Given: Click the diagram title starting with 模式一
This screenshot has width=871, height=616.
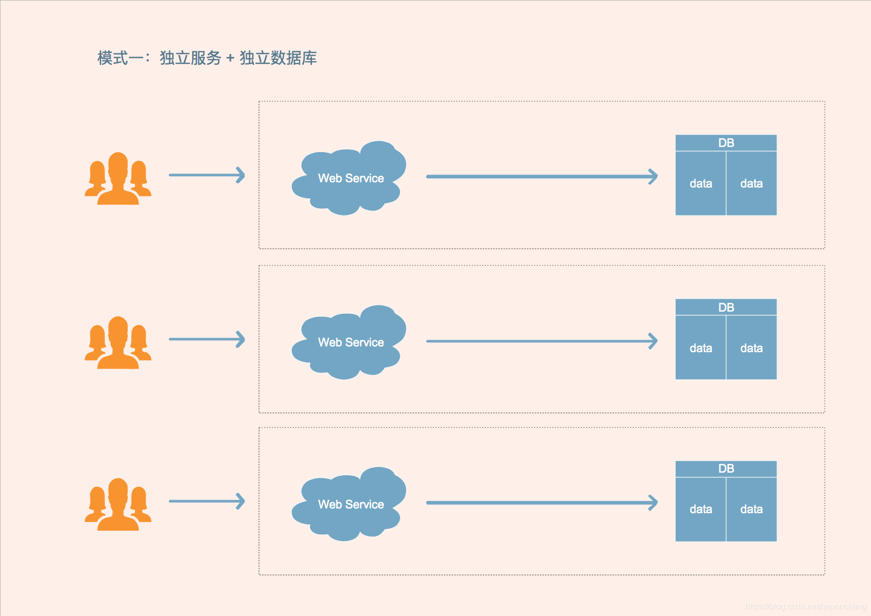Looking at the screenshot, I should click(x=207, y=58).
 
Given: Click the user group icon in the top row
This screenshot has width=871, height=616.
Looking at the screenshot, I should click(x=118, y=179).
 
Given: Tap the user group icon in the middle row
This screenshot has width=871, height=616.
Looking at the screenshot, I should click(x=118, y=343).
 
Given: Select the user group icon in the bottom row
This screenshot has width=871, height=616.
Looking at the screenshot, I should click(x=118, y=504).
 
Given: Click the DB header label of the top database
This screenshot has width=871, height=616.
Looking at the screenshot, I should click(x=726, y=143).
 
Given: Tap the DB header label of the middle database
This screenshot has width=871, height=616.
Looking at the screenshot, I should click(x=726, y=307).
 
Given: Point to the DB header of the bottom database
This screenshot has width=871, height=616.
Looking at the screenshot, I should click(x=726, y=468).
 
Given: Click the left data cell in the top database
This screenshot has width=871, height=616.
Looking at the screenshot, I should click(x=701, y=183).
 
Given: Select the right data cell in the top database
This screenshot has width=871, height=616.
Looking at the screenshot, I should click(x=751, y=183).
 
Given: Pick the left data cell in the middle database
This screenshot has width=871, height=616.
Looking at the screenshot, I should click(x=701, y=348).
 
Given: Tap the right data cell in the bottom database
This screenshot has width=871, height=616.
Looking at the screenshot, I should click(x=751, y=509).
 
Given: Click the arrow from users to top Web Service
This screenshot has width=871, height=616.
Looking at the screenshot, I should click(x=207, y=175).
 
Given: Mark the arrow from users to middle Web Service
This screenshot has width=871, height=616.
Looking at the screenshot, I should click(x=207, y=339).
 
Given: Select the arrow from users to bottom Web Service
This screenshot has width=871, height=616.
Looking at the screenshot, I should click(x=207, y=501).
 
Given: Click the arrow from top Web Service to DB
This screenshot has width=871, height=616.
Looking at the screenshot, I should click(x=541, y=177).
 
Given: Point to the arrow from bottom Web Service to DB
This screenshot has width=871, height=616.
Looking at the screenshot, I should click(x=541, y=503).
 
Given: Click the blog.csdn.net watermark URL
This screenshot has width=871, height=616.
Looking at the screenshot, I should click(x=806, y=606).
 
